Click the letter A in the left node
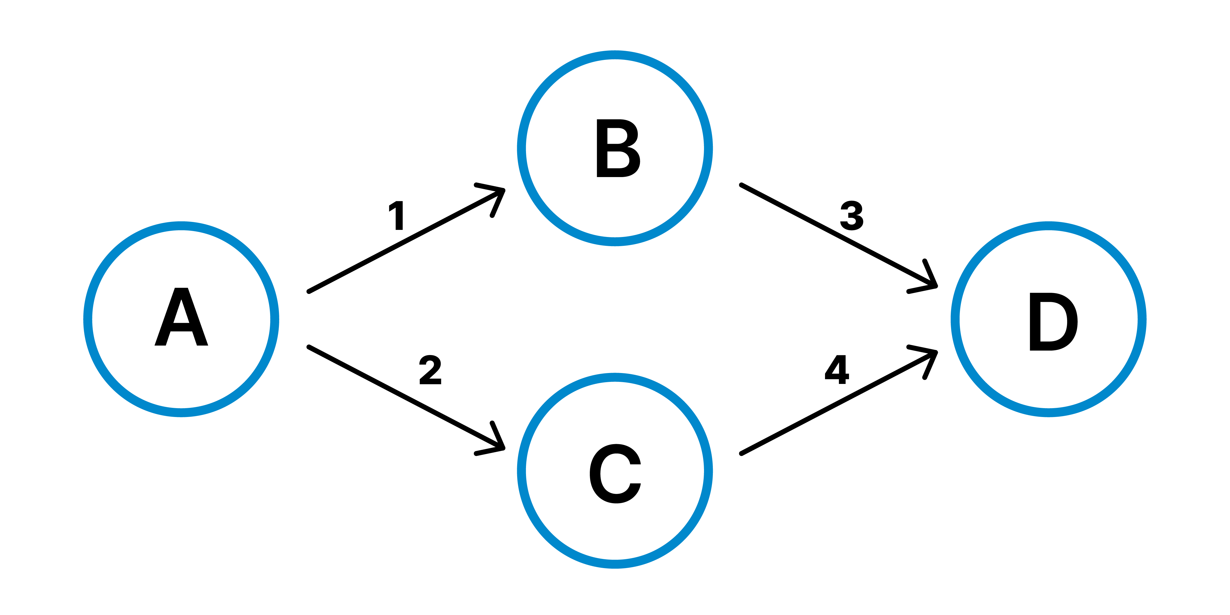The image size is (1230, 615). tap(182, 317)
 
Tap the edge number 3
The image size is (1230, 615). tap(852, 215)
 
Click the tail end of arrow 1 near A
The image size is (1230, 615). tap(309, 291)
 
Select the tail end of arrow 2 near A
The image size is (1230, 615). tap(309, 347)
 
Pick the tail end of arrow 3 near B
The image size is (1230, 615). tap(741, 185)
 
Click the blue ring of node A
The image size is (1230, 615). tap(88, 319)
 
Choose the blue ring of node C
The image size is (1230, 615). tap(615, 564)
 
